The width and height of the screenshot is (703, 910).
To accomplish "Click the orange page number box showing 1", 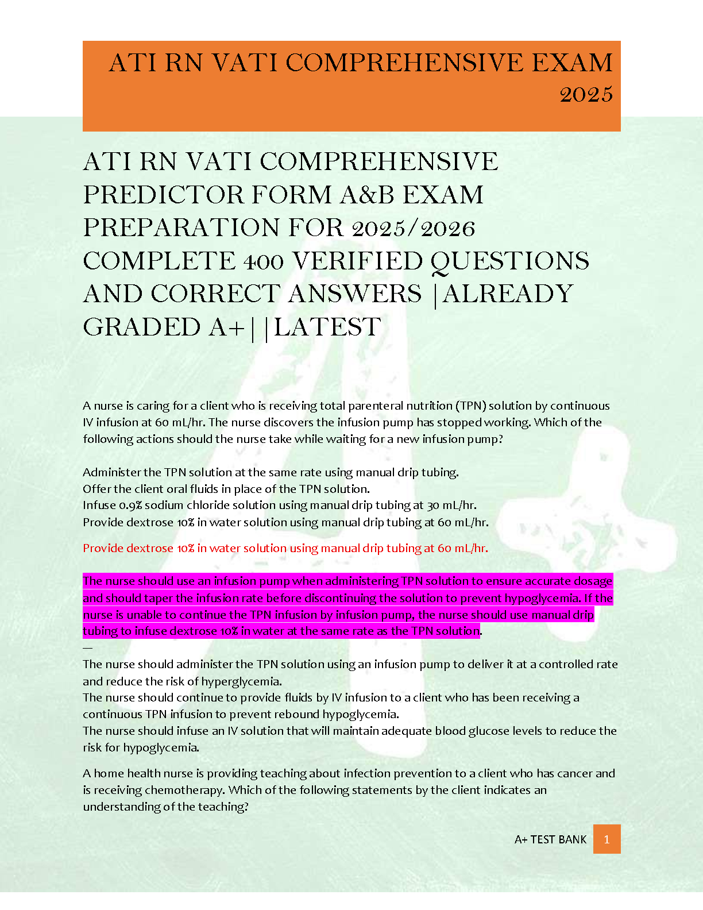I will (607, 839).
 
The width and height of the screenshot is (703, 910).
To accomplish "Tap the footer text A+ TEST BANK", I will (550, 839).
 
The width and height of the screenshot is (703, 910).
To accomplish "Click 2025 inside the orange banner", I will (586, 94).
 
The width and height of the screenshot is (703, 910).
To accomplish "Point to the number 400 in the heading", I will (263, 261).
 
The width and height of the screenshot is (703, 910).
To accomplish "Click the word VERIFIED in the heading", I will (357, 261).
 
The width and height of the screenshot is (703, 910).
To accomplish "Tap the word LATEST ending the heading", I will (327, 327).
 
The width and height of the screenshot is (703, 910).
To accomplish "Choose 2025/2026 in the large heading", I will (413, 228).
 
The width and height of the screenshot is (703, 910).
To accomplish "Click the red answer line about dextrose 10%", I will (285, 548).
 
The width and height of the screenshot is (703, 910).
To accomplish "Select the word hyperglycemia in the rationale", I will (246, 681).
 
